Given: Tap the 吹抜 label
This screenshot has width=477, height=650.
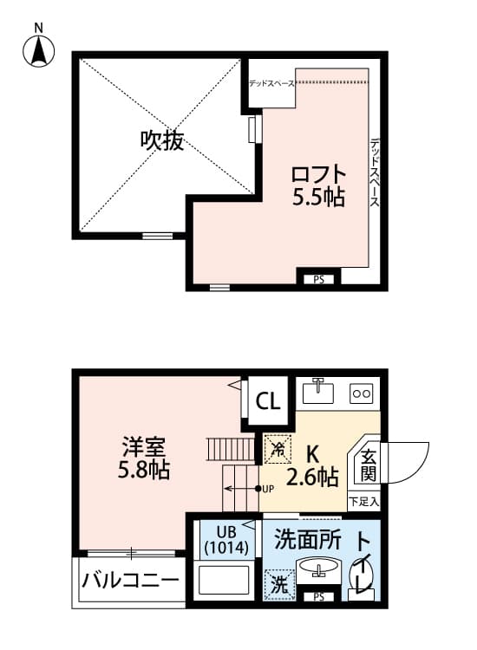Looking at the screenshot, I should tap(162, 141).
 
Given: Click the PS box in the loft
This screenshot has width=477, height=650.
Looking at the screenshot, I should tap(318, 279).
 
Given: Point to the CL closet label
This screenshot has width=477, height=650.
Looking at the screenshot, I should tap(268, 401).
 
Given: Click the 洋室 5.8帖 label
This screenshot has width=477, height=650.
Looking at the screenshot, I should tap(144, 460).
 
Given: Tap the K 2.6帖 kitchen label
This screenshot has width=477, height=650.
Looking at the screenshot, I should tap(312, 465).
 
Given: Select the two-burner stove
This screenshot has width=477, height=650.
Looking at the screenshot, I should tap(361, 393).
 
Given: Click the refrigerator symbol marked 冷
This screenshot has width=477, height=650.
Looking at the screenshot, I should tap(278, 449).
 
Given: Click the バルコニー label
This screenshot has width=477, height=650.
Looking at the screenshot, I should tap(131, 581).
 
